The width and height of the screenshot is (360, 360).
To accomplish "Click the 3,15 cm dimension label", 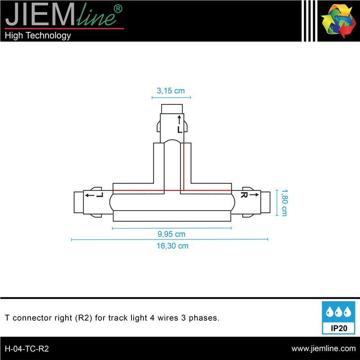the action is (171, 91).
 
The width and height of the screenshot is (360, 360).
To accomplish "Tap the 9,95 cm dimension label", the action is (171, 234).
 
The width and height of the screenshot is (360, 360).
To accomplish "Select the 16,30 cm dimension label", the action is (172, 246).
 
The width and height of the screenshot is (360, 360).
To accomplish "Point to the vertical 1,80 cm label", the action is (284, 203).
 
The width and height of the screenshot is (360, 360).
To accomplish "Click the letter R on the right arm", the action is (244, 195).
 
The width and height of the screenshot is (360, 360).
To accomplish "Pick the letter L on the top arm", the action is (180, 130).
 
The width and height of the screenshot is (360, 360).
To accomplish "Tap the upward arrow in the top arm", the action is (179, 120).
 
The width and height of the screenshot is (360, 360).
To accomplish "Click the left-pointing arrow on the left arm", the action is (90, 195).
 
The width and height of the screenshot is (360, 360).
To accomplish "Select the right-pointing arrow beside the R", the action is (254, 195).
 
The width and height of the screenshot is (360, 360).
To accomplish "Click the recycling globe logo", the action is (338, 21).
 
